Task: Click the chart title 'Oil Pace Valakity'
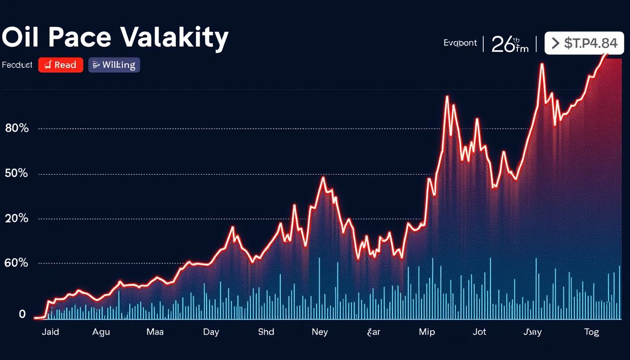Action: pos(115,38)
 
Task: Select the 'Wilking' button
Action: pos(114,65)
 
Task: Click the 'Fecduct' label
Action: pos(17,65)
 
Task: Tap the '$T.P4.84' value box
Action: pos(584,44)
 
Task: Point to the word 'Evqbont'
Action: pos(460,43)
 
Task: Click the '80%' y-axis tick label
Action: pos(17,128)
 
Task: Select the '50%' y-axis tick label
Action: pos(17,174)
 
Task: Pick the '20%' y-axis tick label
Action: pos(17,219)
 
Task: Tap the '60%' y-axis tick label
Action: pos(16,263)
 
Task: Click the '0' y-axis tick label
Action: pos(22,314)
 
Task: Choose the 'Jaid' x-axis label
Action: pos(50,332)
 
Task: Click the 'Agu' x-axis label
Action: pos(101,332)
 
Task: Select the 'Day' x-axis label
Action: pos(211,332)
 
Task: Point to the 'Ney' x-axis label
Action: pos(320,332)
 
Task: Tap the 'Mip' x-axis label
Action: pos(427,332)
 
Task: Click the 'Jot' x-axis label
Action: pos(480,332)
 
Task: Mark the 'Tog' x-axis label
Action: pos(592,332)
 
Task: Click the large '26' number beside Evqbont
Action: pos(503,45)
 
